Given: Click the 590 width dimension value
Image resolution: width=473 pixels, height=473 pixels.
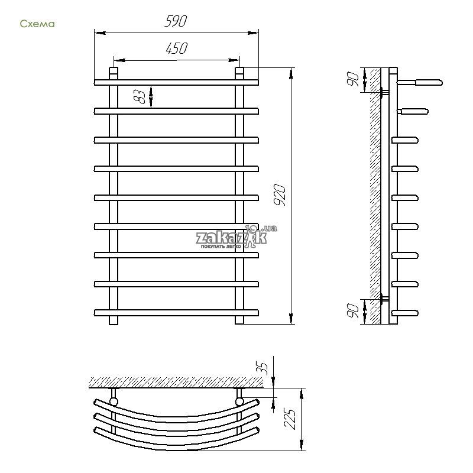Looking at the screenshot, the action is click(176, 21).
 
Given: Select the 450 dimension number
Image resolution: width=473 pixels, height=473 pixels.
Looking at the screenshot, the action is click(176, 48).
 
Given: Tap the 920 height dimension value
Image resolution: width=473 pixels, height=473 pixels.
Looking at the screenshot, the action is click(280, 195).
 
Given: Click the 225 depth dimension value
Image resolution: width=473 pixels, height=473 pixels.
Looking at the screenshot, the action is click(290, 419).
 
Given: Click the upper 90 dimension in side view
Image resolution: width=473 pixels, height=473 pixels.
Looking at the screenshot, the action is click(353, 79).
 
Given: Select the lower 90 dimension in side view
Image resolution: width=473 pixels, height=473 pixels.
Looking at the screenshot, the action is click(353, 311).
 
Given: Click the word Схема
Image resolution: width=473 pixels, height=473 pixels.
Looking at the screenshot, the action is click(37, 24).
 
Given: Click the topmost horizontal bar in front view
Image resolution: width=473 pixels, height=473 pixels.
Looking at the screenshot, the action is click(176, 83).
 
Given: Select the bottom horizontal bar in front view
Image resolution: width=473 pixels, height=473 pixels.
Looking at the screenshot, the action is click(176, 313).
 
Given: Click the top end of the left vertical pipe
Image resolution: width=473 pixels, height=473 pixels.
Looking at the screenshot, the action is click(114, 69).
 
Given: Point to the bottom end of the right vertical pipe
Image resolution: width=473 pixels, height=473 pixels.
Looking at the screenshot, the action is click(239, 323).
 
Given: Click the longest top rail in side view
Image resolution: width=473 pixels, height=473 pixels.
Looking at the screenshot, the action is click(420, 82).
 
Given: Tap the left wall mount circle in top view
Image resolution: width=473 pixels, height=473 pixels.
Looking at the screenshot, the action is click(114, 401).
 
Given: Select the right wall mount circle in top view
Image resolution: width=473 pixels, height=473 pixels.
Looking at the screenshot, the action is click(239, 401).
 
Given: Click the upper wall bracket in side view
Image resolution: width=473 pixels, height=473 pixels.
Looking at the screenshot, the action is click(385, 92).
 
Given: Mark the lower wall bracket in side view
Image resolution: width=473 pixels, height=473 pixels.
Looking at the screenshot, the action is click(385, 299).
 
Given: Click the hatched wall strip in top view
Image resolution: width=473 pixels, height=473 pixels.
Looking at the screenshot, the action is click(176, 383).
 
